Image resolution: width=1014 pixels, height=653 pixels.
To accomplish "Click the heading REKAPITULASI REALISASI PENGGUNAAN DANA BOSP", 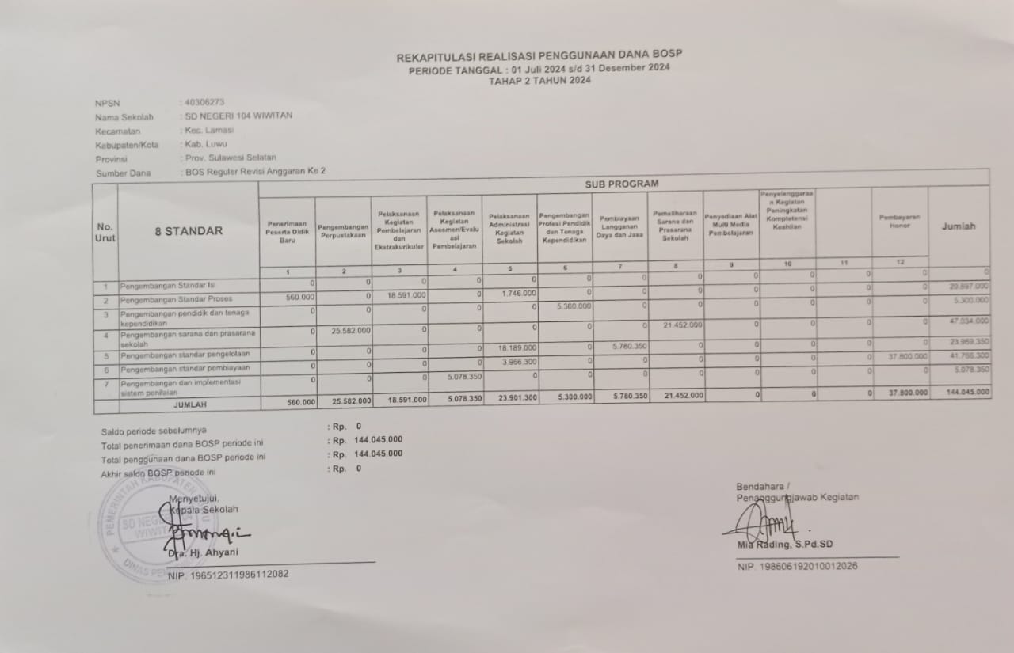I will click(539, 55).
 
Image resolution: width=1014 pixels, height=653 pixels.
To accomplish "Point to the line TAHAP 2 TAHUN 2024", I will click(539, 80).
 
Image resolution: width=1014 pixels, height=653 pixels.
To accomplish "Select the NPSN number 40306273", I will click(204, 102).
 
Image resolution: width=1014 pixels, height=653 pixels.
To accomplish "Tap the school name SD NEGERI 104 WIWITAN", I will click(238, 116).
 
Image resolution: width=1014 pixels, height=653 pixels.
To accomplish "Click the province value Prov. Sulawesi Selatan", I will click(230, 158).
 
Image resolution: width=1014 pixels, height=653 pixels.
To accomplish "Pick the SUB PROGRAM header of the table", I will click(622, 184).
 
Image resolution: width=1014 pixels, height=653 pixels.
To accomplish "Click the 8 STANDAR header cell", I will click(189, 231).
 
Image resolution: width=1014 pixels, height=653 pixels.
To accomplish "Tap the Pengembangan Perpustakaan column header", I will click(343, 231).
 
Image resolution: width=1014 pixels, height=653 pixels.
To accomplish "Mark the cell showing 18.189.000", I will click(518, 347).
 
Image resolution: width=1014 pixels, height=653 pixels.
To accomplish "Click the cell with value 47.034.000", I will click(968, 321).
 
